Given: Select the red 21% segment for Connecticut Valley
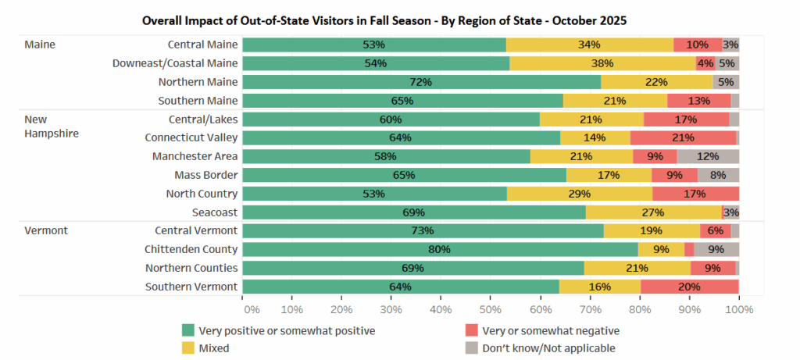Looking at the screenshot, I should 684,137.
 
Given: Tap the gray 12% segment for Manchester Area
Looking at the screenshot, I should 708,156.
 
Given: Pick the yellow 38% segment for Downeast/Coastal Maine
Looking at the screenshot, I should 602,63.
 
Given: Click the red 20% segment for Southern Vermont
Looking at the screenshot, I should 689,287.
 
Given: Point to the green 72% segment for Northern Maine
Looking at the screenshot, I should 422,82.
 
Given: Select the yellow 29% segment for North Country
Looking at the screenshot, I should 580,193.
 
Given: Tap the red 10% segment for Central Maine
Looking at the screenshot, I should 698,45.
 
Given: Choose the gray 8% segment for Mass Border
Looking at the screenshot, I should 718,175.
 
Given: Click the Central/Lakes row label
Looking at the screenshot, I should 203,119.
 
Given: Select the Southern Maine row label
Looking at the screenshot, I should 198,100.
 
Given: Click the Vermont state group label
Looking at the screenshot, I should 46,230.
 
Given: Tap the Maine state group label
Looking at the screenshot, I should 40,45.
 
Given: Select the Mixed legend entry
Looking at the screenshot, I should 213,348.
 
